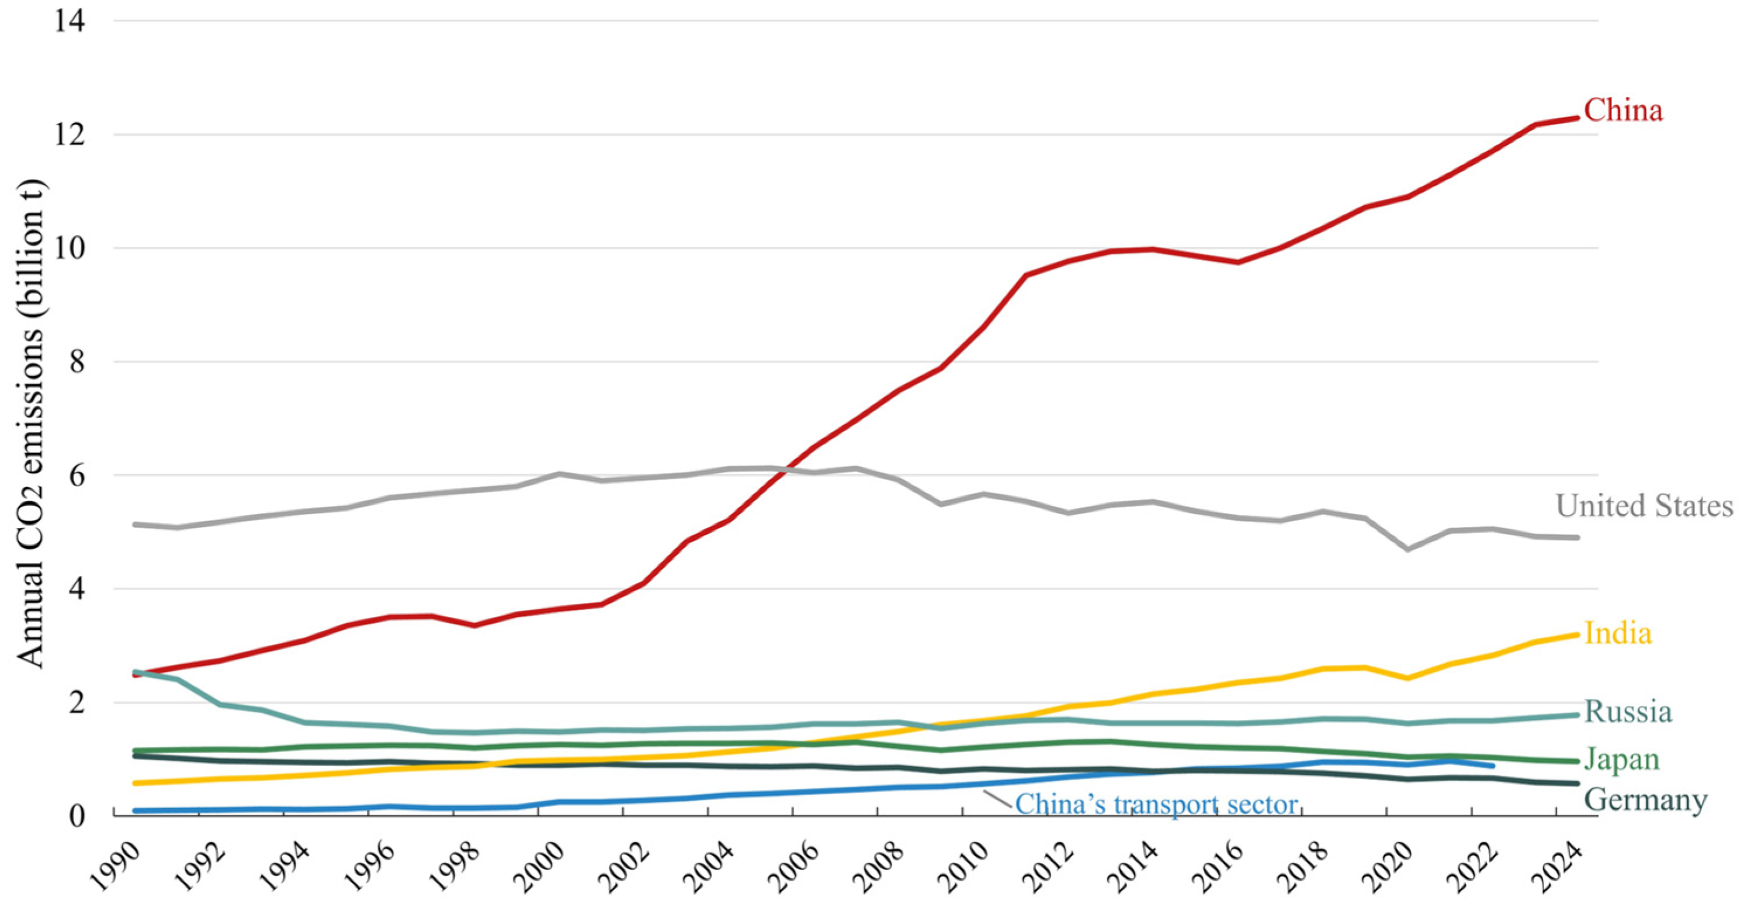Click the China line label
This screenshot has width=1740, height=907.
click(1623, 110)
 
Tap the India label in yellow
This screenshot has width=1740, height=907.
click(1618, 633)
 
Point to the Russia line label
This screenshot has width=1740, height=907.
click(1628, 712)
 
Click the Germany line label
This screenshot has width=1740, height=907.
click(1645, 800)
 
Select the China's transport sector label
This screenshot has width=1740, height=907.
click(1156, 805)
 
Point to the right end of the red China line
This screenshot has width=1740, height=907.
click(1578, 118)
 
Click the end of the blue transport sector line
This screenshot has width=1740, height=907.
click(1493, 765)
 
